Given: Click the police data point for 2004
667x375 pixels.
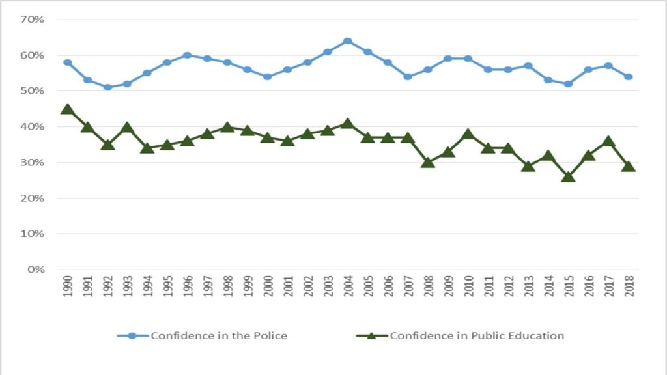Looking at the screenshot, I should [347, 41].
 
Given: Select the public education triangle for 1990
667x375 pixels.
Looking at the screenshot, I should [67, 109].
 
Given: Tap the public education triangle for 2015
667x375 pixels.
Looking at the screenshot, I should [568, 176].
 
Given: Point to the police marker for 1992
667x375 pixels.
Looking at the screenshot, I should [107, 87].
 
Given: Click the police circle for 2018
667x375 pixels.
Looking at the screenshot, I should [628, 77].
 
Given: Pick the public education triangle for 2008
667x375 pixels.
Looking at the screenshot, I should [427, 162].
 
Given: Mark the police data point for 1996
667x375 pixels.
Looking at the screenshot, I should [187, 55].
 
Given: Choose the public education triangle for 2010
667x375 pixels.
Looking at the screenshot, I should [468, 134].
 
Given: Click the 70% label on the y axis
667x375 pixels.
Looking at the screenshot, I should [32, 20].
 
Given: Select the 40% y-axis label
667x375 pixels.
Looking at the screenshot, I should [32, 126].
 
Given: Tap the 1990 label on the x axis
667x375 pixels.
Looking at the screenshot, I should [67, 286].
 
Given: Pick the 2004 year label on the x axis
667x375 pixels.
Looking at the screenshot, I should [347, 286].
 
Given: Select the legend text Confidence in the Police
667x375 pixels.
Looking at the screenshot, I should [219, 336].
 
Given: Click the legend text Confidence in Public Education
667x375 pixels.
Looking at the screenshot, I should [477, 336].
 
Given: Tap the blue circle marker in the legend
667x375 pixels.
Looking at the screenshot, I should [133, 336].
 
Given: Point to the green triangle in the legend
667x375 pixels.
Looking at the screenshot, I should [372, 336].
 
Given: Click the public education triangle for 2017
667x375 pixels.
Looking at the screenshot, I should [608, 141].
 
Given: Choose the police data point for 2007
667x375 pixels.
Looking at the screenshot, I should [408, 77].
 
